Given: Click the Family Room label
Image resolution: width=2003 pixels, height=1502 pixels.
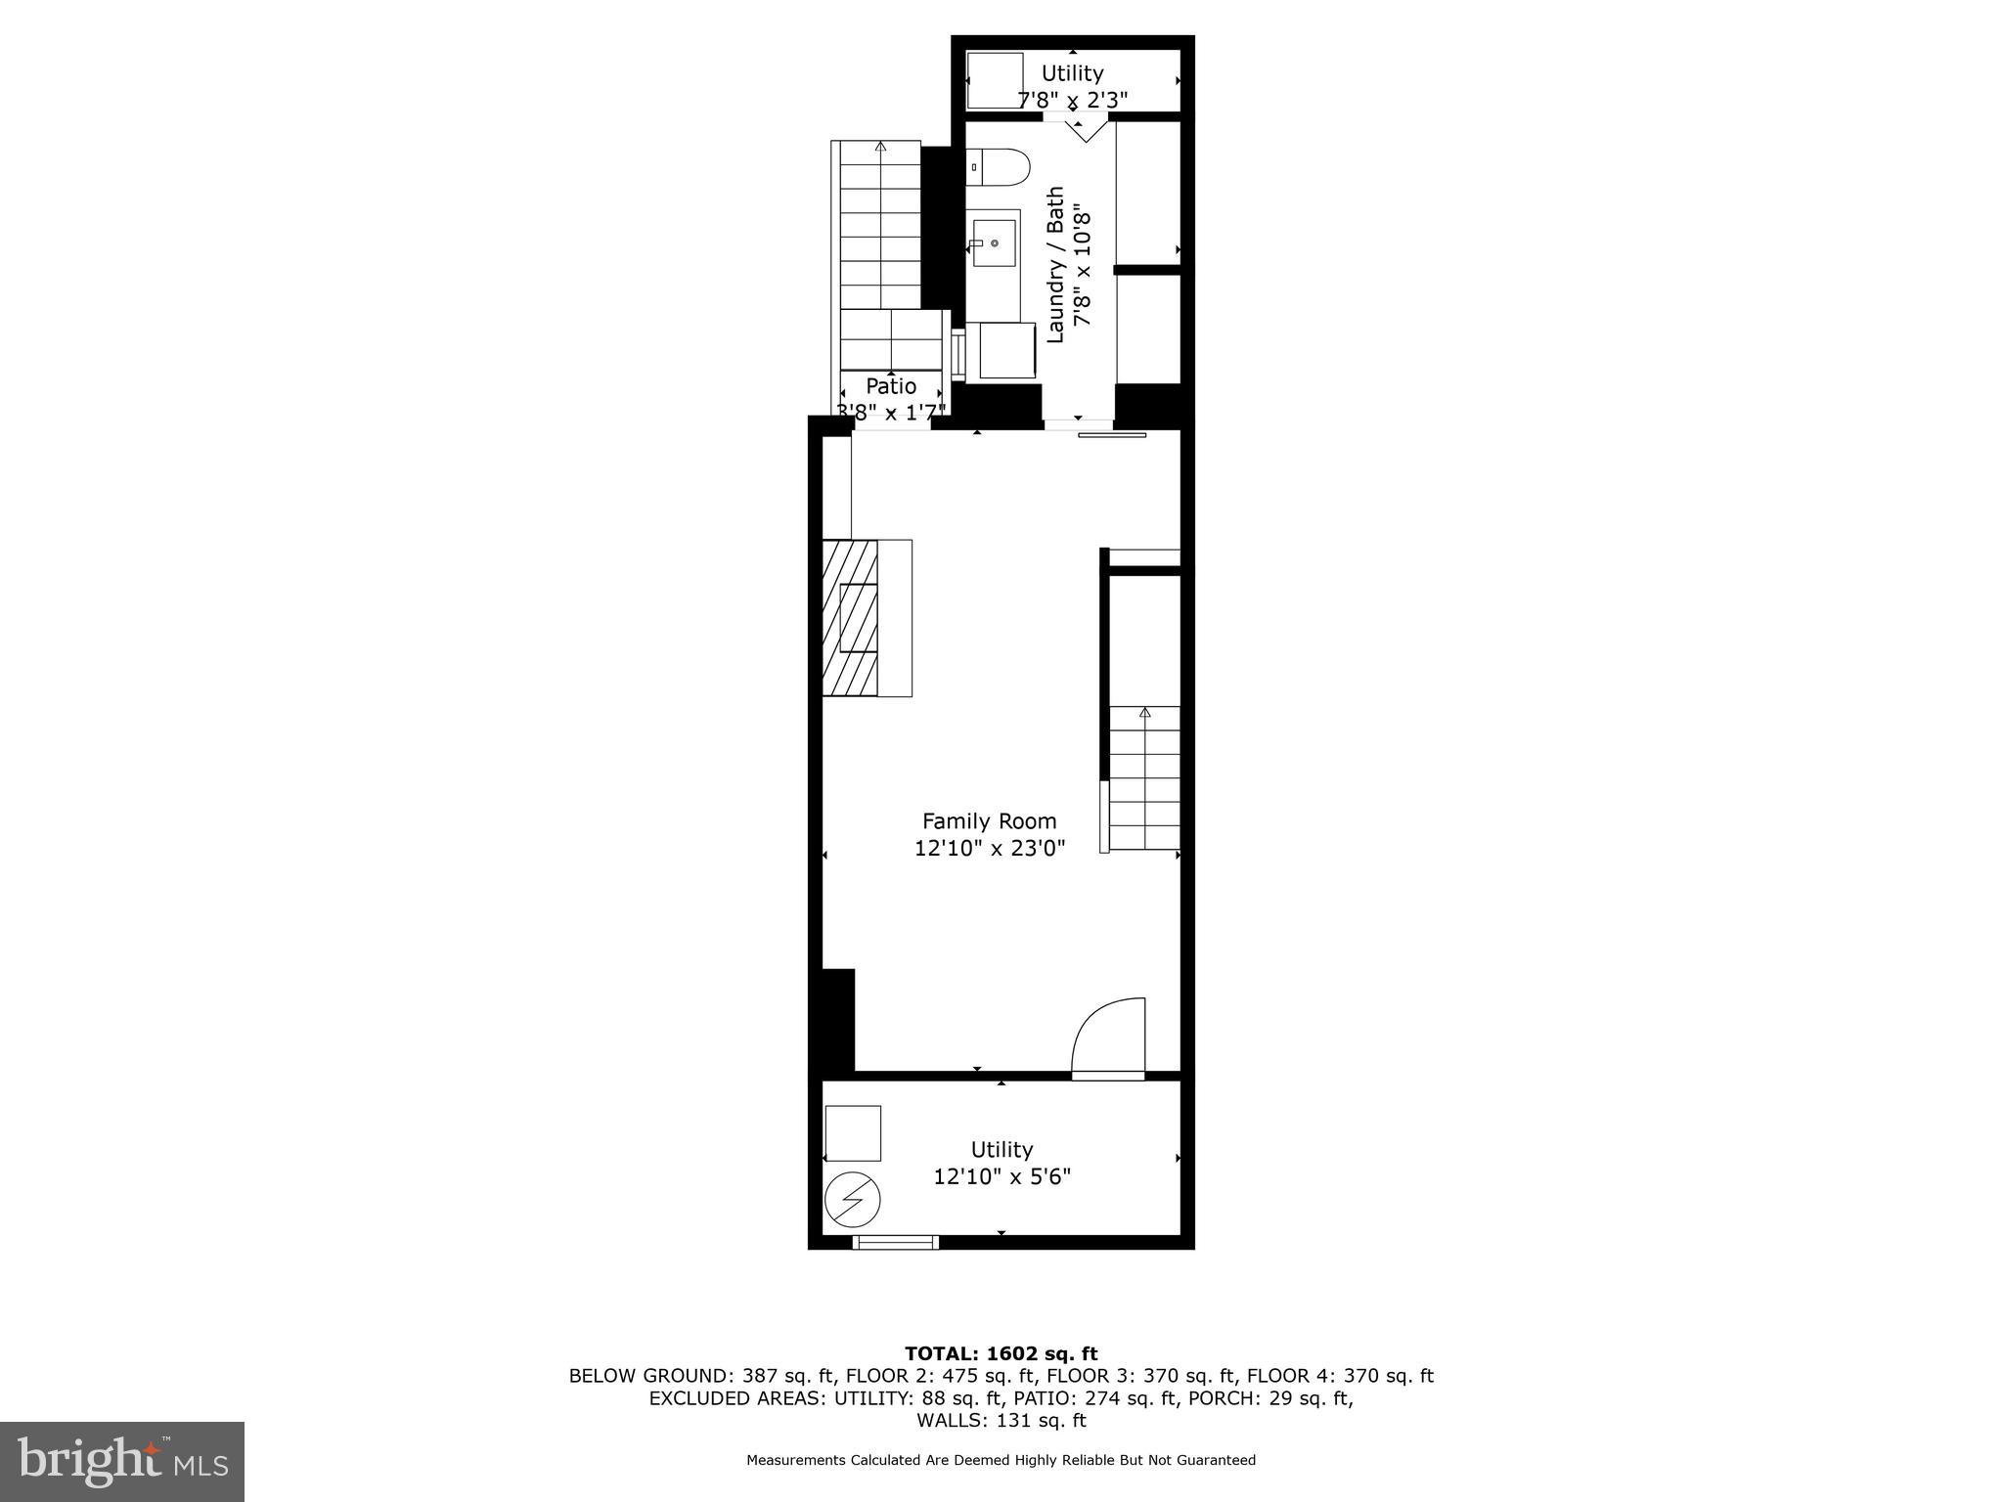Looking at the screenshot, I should pos(989,821).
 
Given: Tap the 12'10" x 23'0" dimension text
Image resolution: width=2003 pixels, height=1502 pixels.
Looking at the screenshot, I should pos(989,848).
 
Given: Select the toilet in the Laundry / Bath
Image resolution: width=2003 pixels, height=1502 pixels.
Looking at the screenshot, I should pos(998,167).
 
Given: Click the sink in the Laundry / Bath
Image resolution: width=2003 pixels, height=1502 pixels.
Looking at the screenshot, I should pos(994,241).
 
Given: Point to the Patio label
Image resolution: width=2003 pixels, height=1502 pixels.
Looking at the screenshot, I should pos(891,386).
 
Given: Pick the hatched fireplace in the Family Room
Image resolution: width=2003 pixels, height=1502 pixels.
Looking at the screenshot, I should pos(850,617).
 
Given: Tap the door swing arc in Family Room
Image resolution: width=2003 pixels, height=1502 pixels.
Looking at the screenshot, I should pos(1109,1037).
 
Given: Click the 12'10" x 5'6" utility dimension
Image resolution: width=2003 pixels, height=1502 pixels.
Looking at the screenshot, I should pos(1001,1176).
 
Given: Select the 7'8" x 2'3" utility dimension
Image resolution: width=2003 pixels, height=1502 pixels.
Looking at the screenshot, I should pos(1072,100).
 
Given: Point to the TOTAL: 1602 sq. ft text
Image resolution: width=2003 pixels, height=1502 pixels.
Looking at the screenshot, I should pos(1001,1354).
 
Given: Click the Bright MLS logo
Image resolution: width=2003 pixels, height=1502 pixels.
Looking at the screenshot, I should pos(122,1461).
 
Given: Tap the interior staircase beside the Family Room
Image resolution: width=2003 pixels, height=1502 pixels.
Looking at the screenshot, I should pos(1143,777).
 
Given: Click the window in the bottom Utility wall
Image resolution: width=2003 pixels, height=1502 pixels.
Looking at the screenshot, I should pos(896,1243).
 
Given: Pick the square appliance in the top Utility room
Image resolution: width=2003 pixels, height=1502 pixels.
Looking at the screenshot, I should pos(995,80).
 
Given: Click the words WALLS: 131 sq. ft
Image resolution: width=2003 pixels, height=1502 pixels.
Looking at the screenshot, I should pos(1001,1421).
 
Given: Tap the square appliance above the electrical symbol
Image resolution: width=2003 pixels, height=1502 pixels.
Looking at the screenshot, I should pos(853,1133).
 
